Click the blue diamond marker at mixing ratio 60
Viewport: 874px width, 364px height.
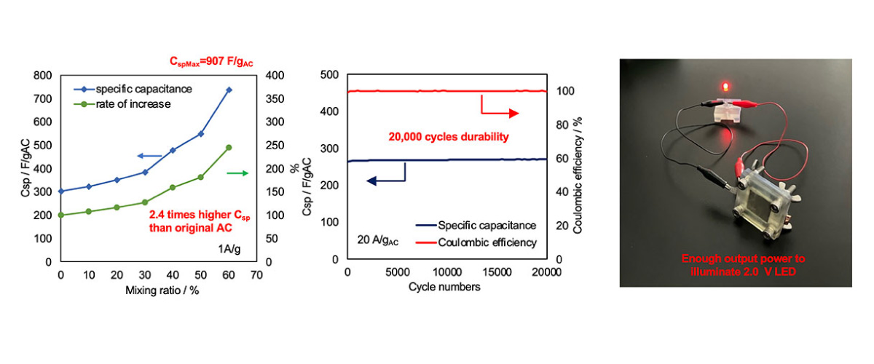[x=229, y=90]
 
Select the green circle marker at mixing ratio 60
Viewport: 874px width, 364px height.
[x=229, y=148]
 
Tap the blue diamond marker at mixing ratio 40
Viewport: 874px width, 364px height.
[x=173, y=150]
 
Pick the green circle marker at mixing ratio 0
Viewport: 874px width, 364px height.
[x=61, y=215]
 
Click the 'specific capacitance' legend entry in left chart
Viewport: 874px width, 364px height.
[x=133, y=90]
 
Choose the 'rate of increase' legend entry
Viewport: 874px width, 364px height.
[x=122, y=104]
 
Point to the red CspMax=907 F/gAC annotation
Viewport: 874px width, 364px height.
[x=211, y=62]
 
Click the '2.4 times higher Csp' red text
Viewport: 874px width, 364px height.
[x=200, y=215]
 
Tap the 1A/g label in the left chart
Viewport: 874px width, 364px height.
[x=229, y=248]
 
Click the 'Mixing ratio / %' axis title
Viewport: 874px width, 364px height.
[x=162, y=290]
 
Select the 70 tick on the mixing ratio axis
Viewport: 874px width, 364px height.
[x=256, y=275]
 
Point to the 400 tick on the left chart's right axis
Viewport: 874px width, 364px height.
[x=275, y=75]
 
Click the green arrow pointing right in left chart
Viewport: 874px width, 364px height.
[x=237, y=173]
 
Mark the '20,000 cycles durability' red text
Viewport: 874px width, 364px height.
[x=449, y=137]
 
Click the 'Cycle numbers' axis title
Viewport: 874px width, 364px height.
[x=444, y=287]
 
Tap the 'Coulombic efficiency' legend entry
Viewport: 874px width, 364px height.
[x=476, y=242]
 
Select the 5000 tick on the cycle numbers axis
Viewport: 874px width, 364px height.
[x=398, y=272]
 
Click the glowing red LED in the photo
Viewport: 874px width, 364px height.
[x=725, y=86]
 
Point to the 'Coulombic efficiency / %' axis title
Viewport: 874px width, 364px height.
[x=578, y=175]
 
